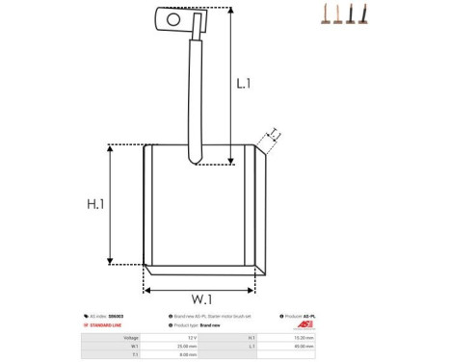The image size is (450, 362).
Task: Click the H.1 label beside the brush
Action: pyautogui.click(x=96, y=204)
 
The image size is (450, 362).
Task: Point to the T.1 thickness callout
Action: pyautogui.click(x=274, y=133)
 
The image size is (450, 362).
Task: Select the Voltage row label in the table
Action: pyautogui.click(x=131, y=338)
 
